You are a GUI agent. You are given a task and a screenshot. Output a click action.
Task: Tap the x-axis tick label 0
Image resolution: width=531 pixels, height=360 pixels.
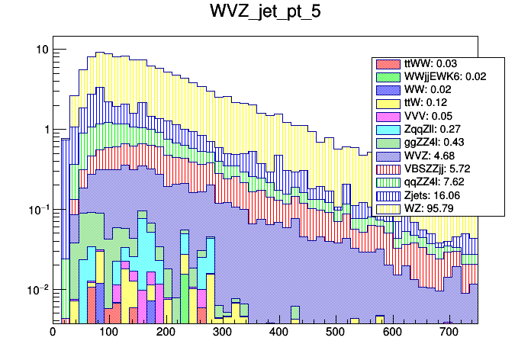[x=53, y=333]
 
